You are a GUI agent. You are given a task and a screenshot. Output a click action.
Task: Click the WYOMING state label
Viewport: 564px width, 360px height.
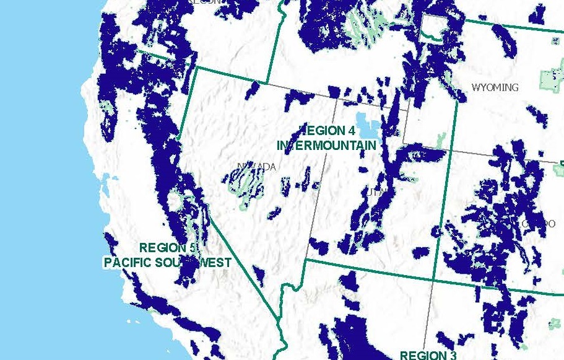pos(495,87)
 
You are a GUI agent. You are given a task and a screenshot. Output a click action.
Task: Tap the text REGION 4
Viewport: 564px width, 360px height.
pos(327,131)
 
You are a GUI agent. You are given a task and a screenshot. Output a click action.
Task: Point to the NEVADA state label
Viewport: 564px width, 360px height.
pos(256,167)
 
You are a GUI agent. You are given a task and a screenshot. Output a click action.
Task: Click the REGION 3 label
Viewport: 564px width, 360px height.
pos(428,355)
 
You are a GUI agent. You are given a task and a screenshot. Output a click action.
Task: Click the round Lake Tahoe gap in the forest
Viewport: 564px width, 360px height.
pos(176,201)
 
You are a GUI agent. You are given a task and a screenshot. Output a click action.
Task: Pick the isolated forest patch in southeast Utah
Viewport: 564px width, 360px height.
pos(421,252)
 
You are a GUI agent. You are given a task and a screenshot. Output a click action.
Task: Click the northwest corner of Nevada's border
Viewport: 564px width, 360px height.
pos(196,68)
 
